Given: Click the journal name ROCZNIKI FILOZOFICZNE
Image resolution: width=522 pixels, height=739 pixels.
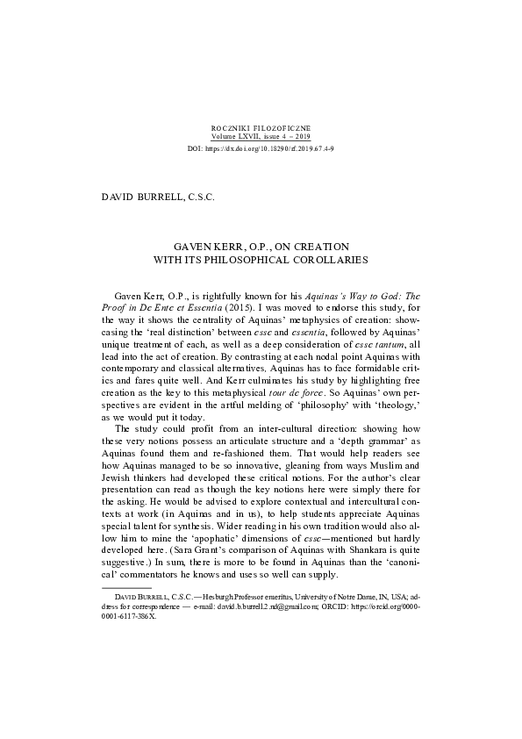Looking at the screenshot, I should pyautogui.click(x=261, y=128).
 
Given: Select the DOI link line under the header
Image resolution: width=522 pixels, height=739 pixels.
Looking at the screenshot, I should pyautogui.click(x=261, y=150).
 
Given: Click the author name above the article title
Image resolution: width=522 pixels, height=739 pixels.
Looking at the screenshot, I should pyautogui.click(x=159, y=197).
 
